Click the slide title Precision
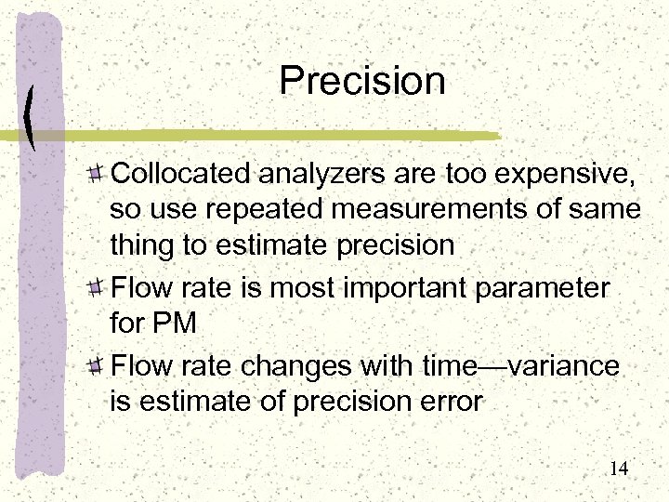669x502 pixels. pos(362,81)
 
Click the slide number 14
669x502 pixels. pos(619,469)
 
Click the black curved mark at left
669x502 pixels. pos(32,118)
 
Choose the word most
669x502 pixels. pos(313,288)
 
